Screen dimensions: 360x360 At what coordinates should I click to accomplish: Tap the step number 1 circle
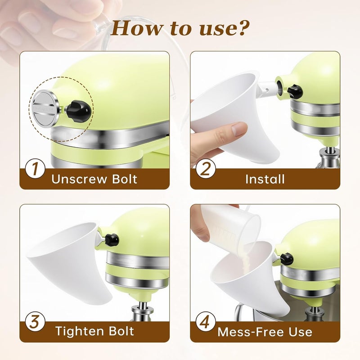click(35, 169)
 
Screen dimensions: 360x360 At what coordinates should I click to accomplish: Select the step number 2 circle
click(206, 169)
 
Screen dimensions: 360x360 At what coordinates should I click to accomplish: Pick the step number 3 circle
click(35, 321)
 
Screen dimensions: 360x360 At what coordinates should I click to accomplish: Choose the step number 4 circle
click(206, 321)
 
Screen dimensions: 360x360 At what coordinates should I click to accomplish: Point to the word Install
click(265, 179)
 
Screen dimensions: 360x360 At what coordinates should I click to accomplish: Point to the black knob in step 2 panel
click(295, 91)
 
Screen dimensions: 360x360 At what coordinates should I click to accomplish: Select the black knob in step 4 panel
click(287, 259)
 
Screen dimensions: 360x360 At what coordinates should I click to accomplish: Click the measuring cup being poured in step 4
click(231, 226)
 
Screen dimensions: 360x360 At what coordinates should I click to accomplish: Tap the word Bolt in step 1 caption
click(125, 179)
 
